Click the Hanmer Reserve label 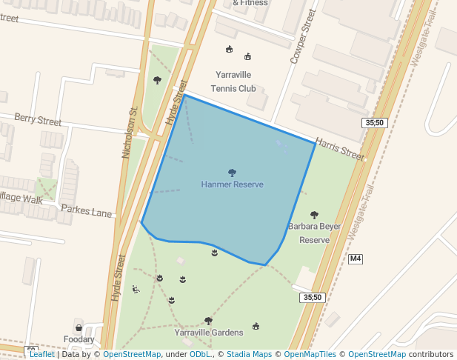pos(232,184)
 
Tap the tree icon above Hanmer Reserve pos(232,173)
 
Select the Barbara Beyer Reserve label pos(314,233)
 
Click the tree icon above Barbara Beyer pos(314,215)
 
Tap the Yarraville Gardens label pos(208,333)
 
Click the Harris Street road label pos(339,148)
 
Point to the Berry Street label pos(38,119)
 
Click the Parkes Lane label pos(87,211)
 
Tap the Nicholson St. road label pos(130,133)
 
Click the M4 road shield pos(356,259)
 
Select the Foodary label pos(79,340)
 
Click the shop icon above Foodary pos(79,328)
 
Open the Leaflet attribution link pos(41,354)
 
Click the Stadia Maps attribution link pos(249,354)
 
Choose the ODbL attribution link pos(200,354)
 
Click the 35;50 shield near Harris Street pos(374,122)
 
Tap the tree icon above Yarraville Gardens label pos(208,321)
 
